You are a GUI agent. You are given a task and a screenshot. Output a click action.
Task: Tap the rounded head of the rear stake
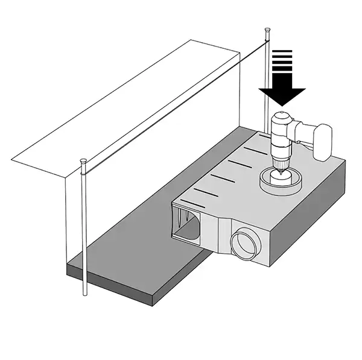pyautogui.click(x=266, y=30)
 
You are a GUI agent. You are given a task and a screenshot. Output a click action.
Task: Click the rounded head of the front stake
pyautogui.click(x=83, y=162)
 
